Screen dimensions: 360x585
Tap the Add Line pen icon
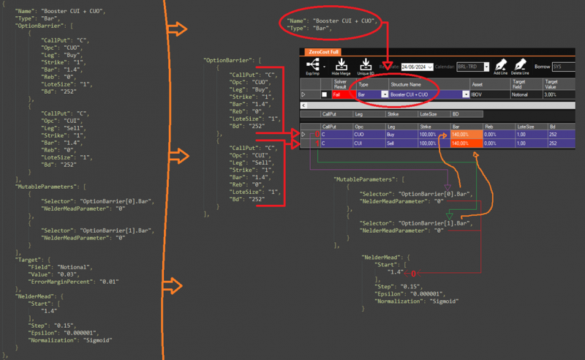(x=500, y=64)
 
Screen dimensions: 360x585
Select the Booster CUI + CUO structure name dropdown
(x=429, y=94)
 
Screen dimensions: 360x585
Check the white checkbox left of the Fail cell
(x=324, y=94)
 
